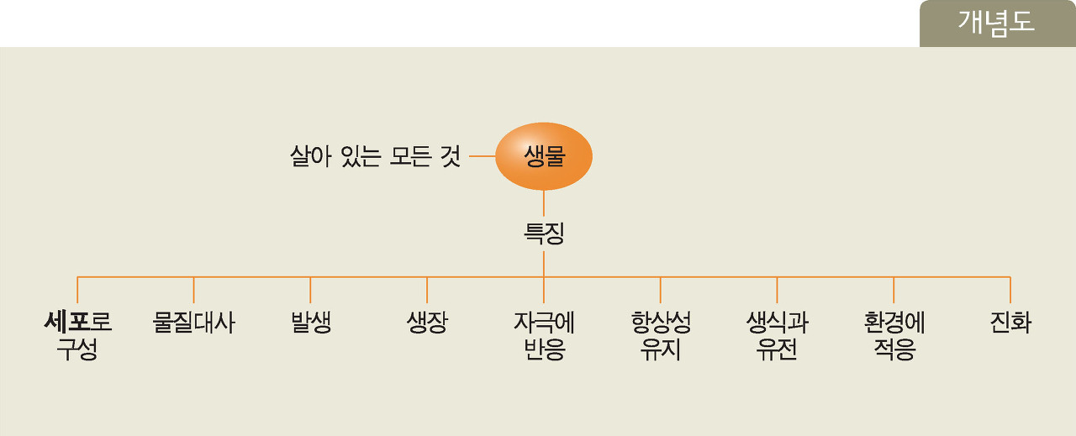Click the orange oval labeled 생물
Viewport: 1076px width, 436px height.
544,156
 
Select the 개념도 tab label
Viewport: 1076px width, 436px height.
996,24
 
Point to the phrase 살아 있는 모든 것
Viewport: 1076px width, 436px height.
375,156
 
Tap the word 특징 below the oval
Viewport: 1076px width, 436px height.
544,233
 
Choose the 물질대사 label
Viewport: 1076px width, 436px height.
194,323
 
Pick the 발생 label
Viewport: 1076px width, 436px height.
310,323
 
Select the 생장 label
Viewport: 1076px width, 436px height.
427,323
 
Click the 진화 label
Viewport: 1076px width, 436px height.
1010,323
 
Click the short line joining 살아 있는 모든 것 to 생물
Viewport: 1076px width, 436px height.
482,156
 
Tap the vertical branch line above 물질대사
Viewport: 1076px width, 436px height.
194,290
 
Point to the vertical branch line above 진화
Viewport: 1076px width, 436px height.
1010,290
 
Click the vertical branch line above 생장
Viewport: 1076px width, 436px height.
427,290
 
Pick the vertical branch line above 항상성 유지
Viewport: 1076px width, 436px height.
661,290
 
